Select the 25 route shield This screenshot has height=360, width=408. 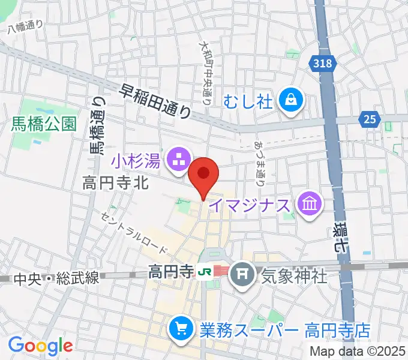[x=370, y=120]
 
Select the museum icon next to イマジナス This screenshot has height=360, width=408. [x=310, y=205]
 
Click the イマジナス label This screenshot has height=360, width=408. [x=253, y=205]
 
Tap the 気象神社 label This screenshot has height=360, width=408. [x=293, y=276]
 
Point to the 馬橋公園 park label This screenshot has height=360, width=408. [x=44, y=124]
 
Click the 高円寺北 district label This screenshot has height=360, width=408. [x=115, y=184]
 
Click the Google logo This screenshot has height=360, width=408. [x=40, y=346]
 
